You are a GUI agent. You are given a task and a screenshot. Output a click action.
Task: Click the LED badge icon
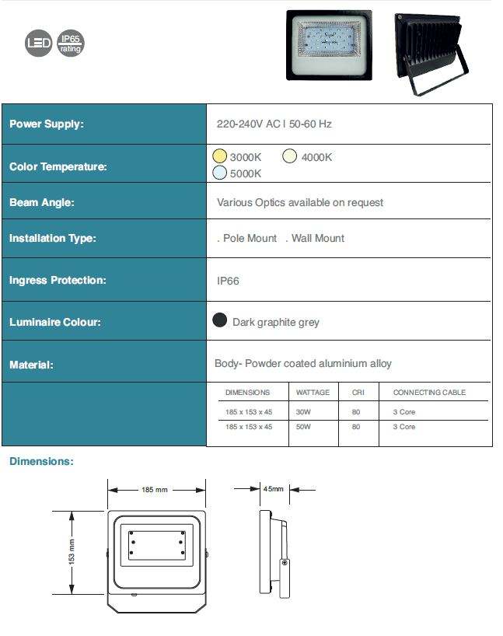tap(38, 44)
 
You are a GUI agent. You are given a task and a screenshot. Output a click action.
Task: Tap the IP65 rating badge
tap(70, 44)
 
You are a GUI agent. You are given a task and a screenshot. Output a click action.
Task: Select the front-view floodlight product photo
tap(329, 44)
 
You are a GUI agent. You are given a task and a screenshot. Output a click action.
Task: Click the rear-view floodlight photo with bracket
tap(431, 51)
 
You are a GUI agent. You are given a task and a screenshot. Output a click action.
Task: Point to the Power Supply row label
tap(46, 124)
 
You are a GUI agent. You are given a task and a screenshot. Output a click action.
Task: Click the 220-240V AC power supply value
tap(274, 124)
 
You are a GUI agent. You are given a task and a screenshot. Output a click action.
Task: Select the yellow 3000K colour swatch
tap(220, 156)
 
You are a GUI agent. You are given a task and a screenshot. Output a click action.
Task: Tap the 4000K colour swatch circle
tap(290, 156)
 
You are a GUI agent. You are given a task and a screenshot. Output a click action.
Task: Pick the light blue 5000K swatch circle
tap(220, 173)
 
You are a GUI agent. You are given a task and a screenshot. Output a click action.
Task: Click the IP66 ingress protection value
tap(228, 281)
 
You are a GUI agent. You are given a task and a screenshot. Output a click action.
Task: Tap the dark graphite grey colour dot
tap(220, 320)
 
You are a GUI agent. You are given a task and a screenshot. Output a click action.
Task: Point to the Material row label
tap(31, 364)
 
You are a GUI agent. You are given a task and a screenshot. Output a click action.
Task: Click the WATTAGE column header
tap(313, 393)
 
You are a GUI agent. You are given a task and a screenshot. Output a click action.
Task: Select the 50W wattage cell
tap(303, 427)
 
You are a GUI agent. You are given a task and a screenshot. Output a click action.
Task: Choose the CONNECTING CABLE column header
tap(429, 393)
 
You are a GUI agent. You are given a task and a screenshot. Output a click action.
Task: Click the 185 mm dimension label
tap(155, 490)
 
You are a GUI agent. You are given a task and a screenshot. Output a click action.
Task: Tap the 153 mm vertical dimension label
tap(72, 551)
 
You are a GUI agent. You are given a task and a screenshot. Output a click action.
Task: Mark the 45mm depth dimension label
tap(273, 489)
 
